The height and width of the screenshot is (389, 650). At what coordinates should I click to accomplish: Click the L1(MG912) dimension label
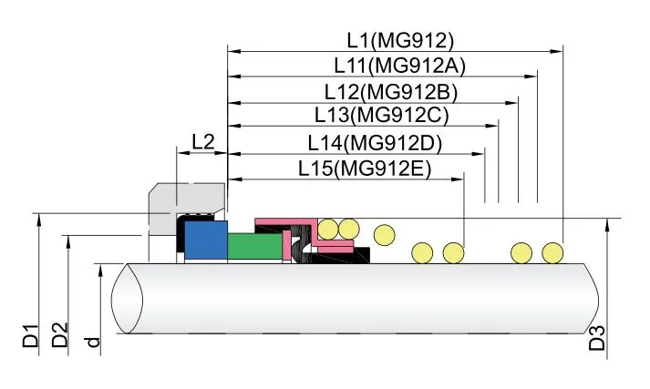tap(399, 39)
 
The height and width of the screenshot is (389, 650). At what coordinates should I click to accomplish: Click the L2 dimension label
tap(202, 142)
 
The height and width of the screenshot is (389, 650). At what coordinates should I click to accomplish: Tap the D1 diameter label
tap(31, 335)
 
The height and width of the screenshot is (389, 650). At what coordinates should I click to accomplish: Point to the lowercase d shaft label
tap(90, 342)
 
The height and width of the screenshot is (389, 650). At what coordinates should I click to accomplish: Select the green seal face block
tap(254, 247)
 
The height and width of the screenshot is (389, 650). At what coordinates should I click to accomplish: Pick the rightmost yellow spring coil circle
tap(552, 252)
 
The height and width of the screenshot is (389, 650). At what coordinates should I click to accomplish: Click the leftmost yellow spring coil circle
tap(327, 228)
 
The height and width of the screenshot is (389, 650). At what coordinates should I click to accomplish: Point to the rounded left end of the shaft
tap(128, 300)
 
